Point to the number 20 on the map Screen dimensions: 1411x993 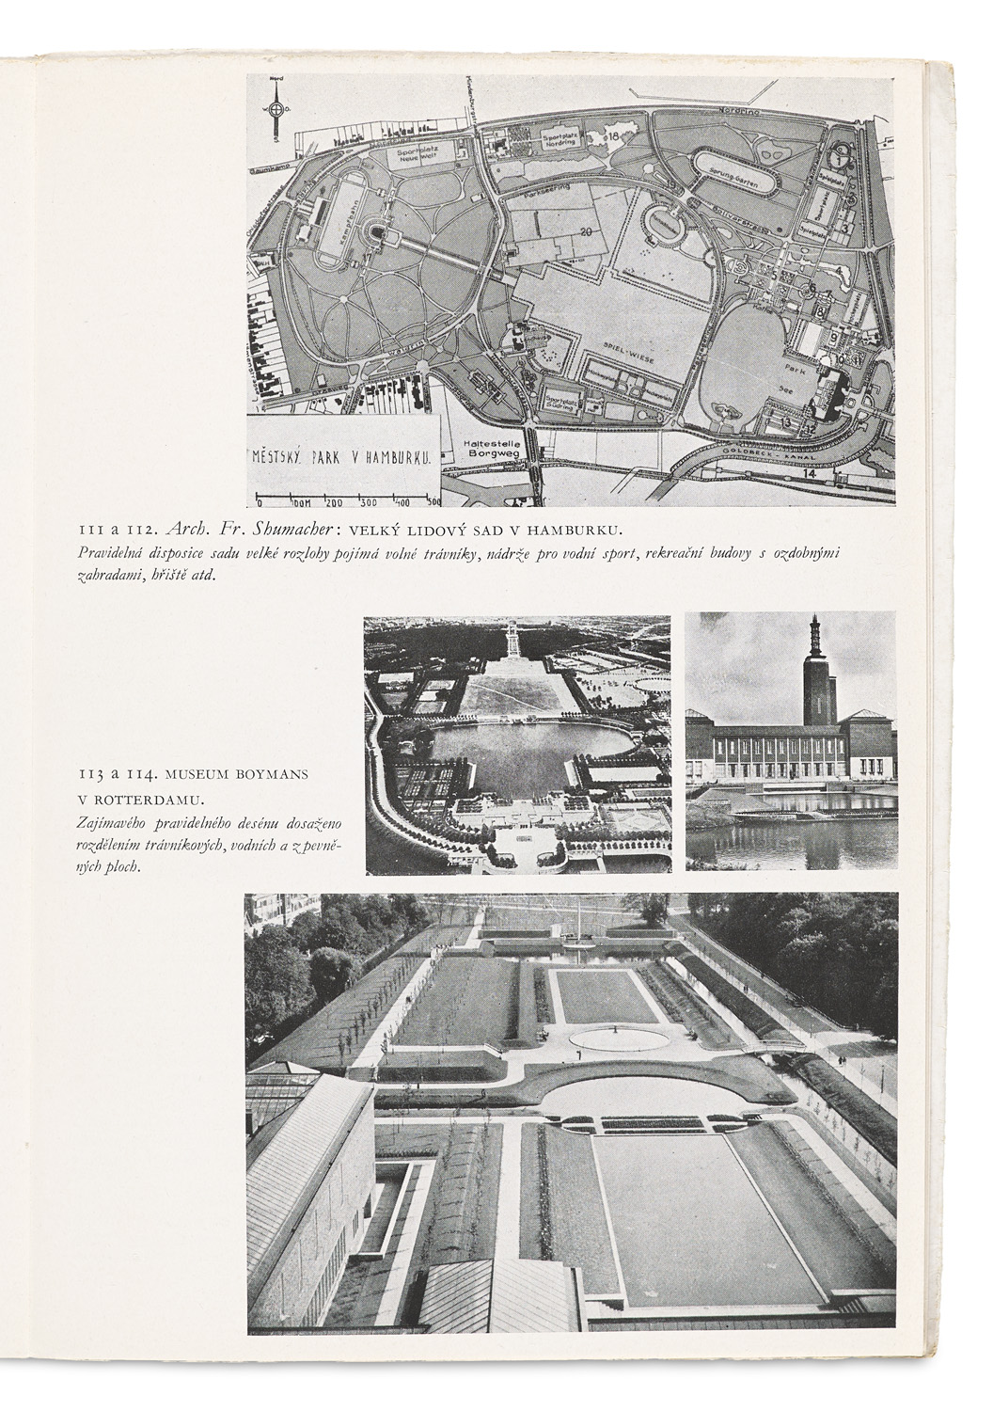coord(587,231)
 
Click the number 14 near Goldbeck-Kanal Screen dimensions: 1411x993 coord(812,474)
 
